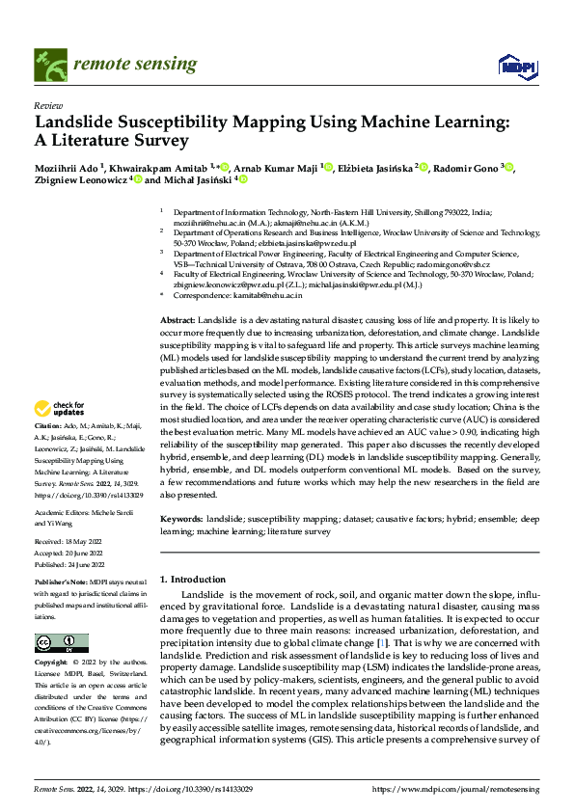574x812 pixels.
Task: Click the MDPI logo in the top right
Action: (516, 65)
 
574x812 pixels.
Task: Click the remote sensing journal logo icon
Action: (48, 64)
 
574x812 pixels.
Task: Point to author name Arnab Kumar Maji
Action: (282, 167)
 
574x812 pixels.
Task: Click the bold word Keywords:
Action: (182, 519)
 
